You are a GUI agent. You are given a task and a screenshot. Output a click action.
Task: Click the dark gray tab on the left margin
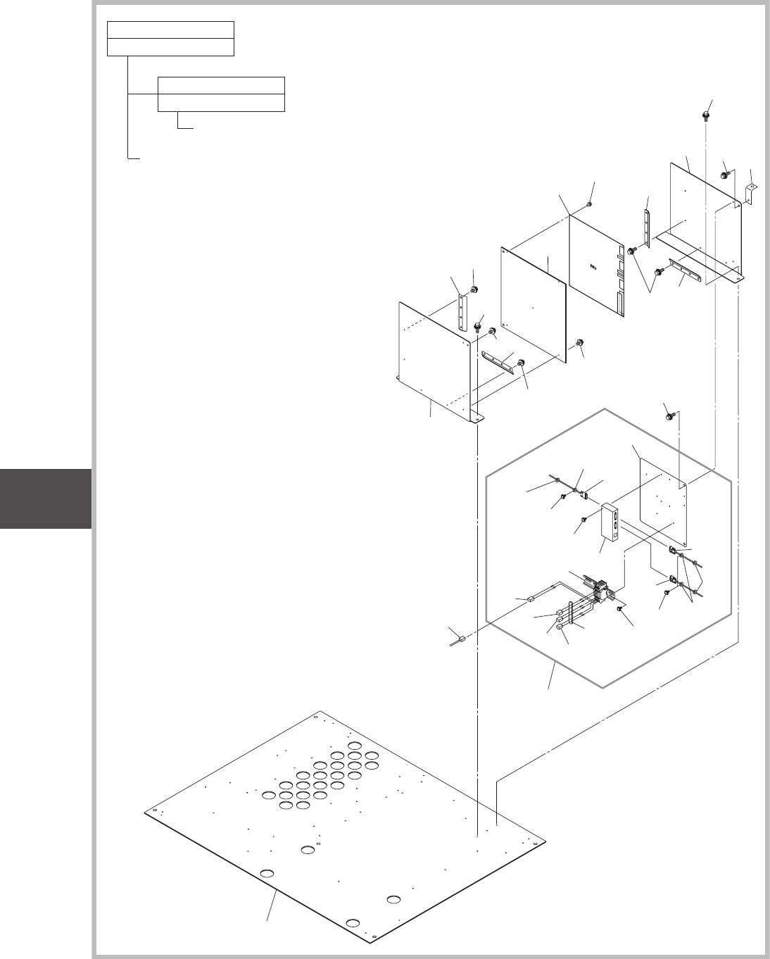coord(45,499)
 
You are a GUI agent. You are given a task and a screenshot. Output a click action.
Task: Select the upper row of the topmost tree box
coord(170,30)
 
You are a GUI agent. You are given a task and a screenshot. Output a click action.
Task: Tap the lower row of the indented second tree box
coord(221,103)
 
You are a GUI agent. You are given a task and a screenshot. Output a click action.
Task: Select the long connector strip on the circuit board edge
coord(619,303)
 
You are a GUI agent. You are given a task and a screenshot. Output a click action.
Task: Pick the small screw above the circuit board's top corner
coord(589,205)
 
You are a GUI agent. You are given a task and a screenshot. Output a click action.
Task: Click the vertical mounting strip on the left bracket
coord(462,313)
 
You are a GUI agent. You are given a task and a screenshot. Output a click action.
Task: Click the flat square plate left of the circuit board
coord(533,306)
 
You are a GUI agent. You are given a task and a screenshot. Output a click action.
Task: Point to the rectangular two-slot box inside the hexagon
coord(610,525)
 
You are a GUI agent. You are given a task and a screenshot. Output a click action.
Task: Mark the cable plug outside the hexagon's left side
coord(461,639)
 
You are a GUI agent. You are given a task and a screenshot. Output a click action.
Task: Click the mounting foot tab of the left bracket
coord(477,418)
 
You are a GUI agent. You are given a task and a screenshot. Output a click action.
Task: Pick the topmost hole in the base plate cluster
coord(354,746)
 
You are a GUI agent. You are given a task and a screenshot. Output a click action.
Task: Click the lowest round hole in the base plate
coord(354,923)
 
